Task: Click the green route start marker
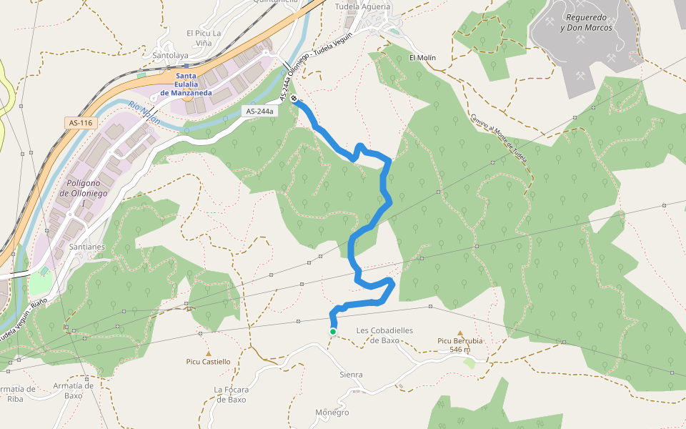[x=333, y=332]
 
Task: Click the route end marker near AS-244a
[x=294, y=99]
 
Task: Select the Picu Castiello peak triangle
[x=209, y=353]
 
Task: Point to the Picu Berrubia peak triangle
[x=460, y=332]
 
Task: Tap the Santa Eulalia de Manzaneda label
[x=186, y=84]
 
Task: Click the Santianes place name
[x=88, y=247]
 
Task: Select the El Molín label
[x=422, y=58]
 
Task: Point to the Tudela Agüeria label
[x=362, y=6]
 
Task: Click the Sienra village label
[x=351, y=375]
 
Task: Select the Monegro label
[x=332, y=413]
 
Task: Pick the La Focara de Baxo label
[x=230, y=394]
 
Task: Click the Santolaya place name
[x=171, y=55]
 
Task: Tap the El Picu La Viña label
[x=204, y=38]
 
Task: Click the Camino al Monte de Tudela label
[x=498, y=137]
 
